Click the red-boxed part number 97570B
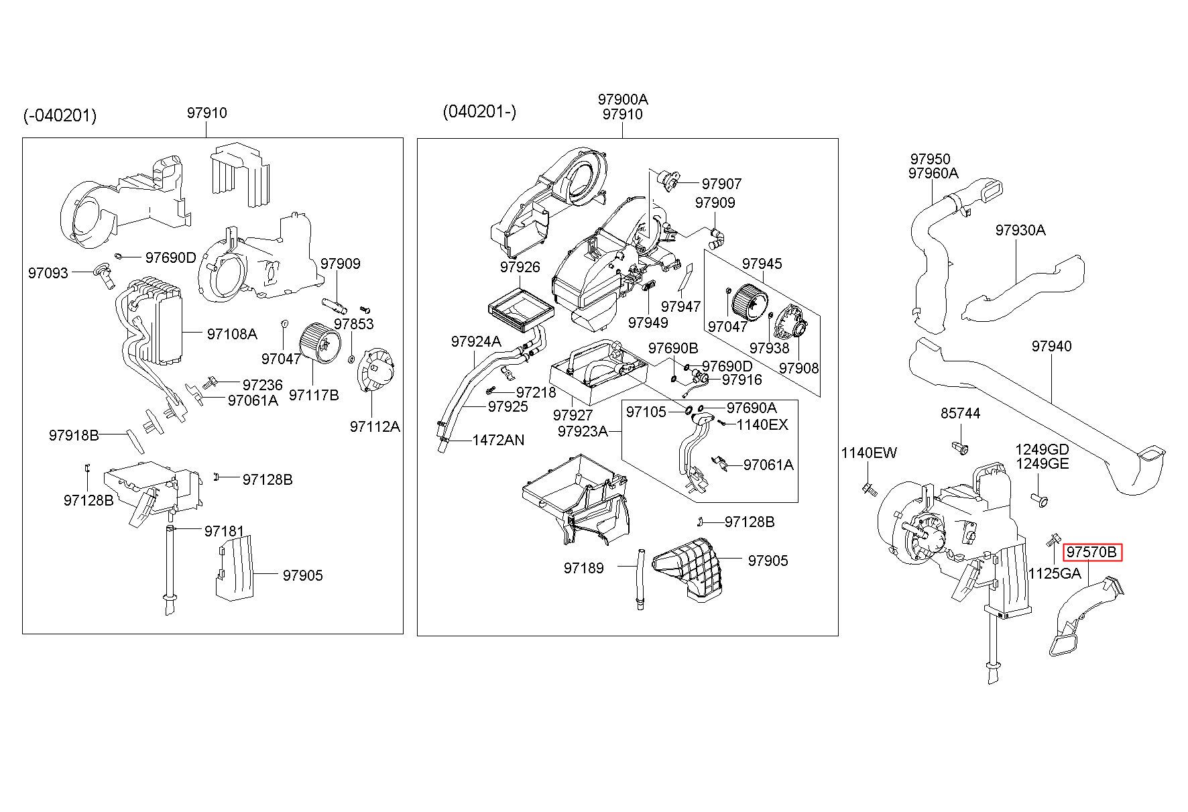point(1091,552)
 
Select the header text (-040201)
point(60,116)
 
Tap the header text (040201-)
point(479,111)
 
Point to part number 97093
point(48,273)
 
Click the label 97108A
point(232,334)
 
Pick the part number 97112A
point(375,426)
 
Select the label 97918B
point(74,435)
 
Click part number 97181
point(225,531)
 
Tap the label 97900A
point(623,99)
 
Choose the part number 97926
point(520,268)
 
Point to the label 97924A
point(476,341)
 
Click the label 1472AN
point(498,441)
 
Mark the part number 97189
point(583,568)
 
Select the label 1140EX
point(762,424)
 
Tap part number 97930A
point(1020,230)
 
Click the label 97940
point(1051,346)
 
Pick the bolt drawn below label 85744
point(959,447)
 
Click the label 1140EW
point(869,453)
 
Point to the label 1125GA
point(1055,573)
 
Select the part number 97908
point(798,368)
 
